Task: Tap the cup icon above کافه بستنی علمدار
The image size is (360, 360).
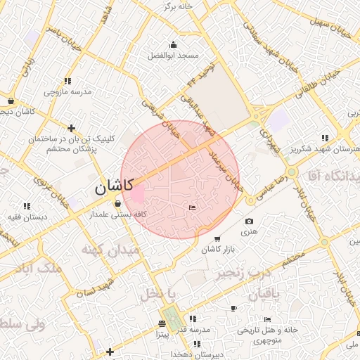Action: pos(117,202)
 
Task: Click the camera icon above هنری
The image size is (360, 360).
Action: pos(250,221)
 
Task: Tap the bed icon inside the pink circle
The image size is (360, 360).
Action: pos(193,207)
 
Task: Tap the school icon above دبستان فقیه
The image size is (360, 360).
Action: pos(27,206)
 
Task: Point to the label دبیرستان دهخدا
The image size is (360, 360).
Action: pos(200,355)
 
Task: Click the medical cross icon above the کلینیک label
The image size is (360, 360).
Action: pos(72,128)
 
